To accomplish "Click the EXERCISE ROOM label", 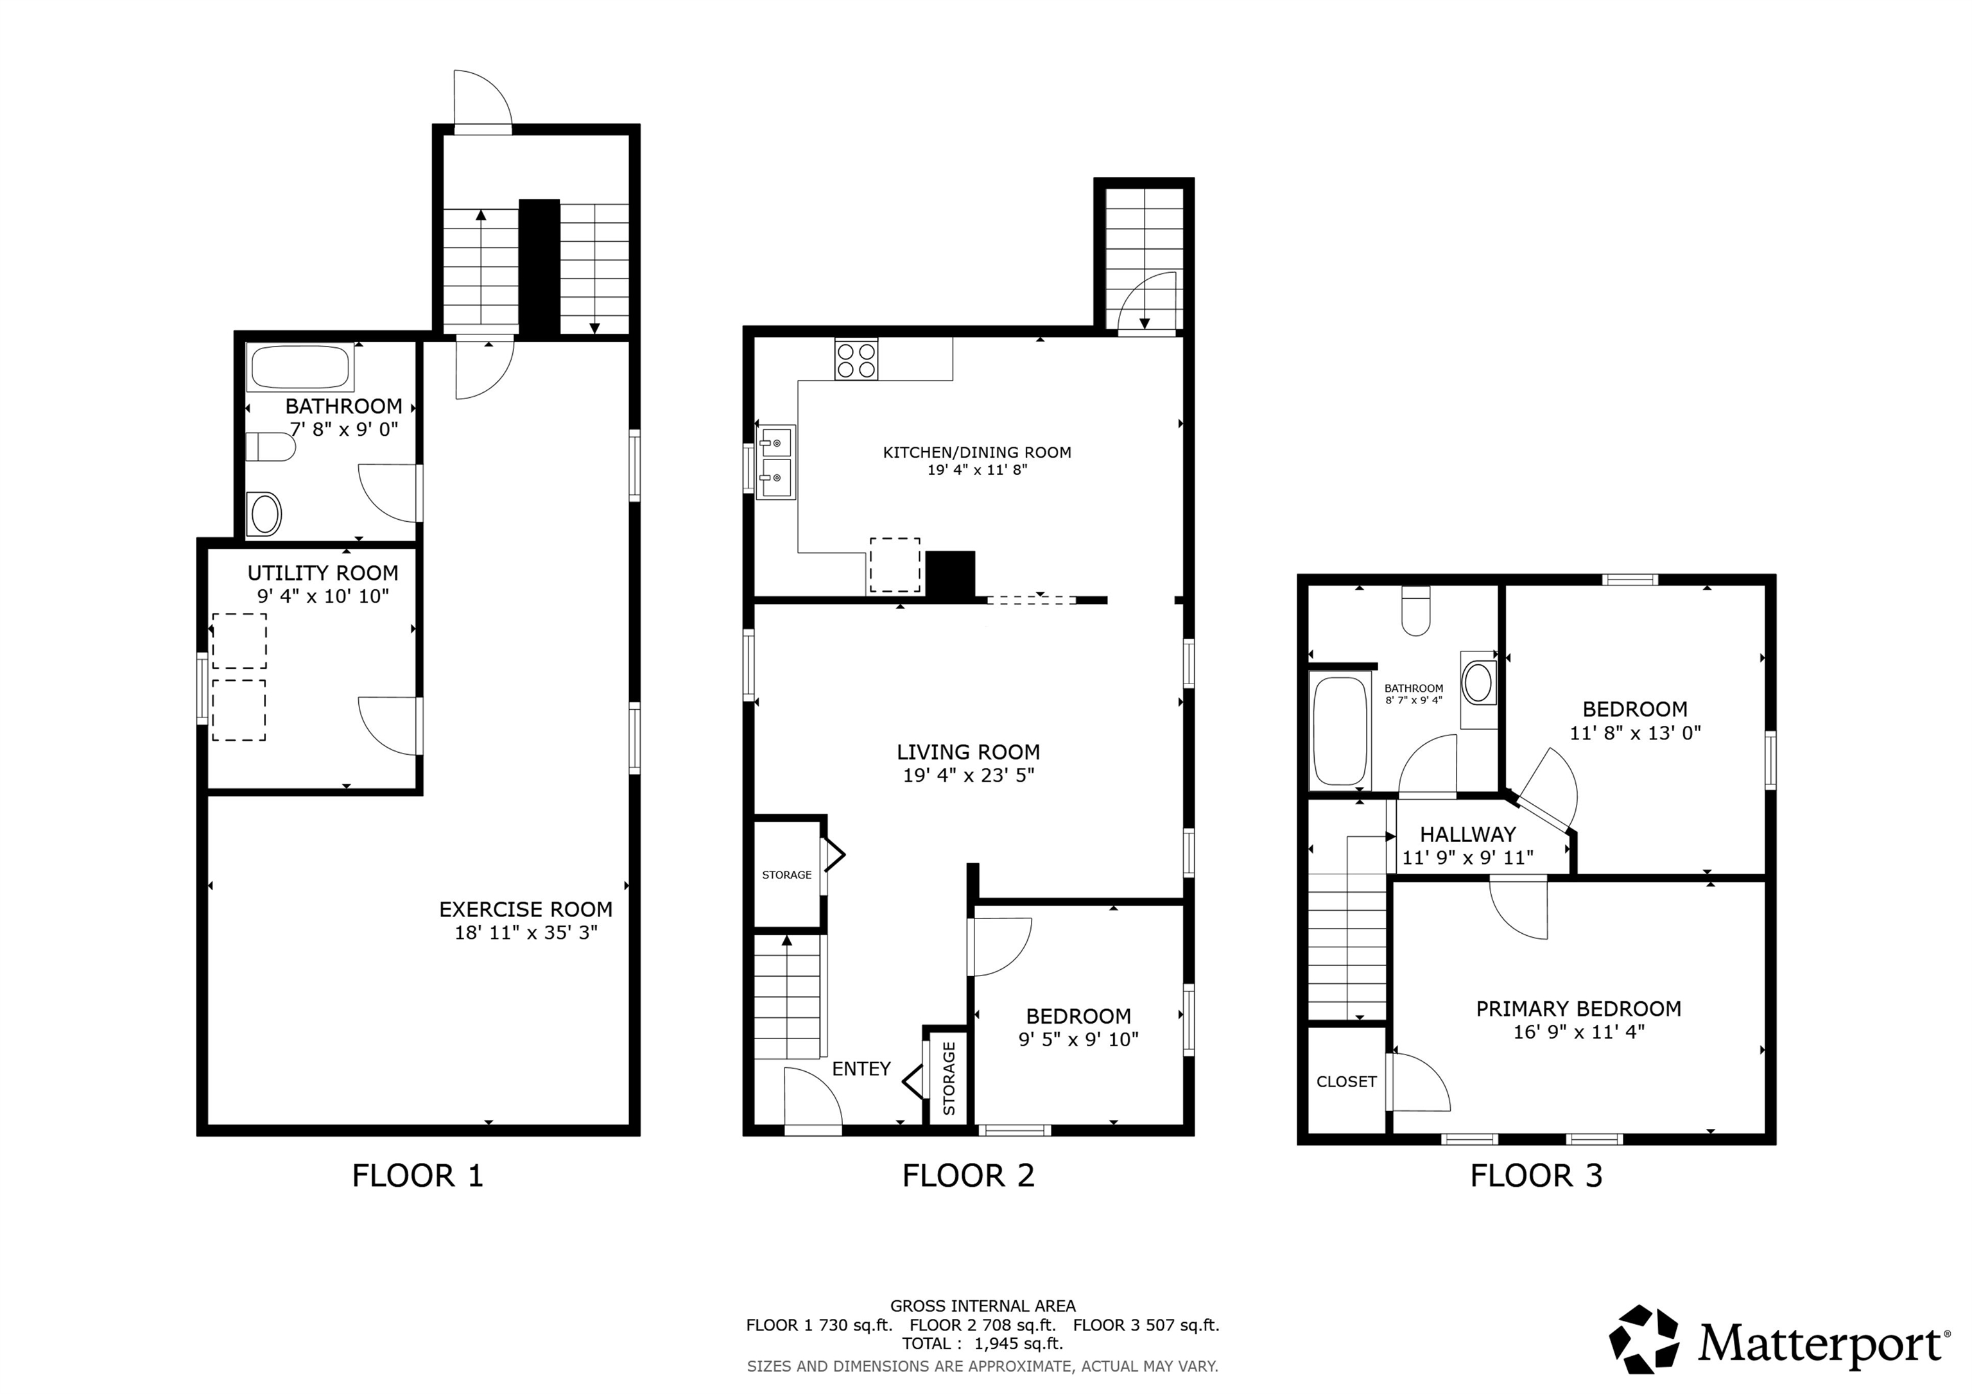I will pyautogui.click(x=526, y=909).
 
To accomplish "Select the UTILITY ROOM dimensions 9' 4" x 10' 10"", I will pyautogui.click(x=323, y=596).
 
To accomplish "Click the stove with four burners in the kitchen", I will pyautogui.click(x=856, y=359).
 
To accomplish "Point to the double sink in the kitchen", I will pyautogui.click(x=775, y=461).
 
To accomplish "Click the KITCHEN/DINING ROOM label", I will pyautogui.click(x=976, y=452).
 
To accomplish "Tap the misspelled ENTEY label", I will pyautogui.click(x=861, y=1069).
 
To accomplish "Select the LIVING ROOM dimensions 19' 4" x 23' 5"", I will pyautogui.click(x=968, y=775).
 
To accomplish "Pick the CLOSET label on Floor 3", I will pyautogui.click(x=1346, y=1081).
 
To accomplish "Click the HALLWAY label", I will pyautogui.click(x=1467, y=834).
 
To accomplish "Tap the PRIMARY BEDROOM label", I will pyautogui.click(x=1578, y=1008).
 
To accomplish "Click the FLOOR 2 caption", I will pyautogui.click(x=968, y=1175).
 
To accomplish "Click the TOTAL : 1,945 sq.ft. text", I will pyautogui.click(x=982, y=1343).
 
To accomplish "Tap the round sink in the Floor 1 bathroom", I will pyautogui.click(x=264, y=515).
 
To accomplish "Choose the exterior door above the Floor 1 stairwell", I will pyautogui.click(x=483, y=101).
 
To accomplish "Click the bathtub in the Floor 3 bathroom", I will pyautogui.click(x=1340, y=730).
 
